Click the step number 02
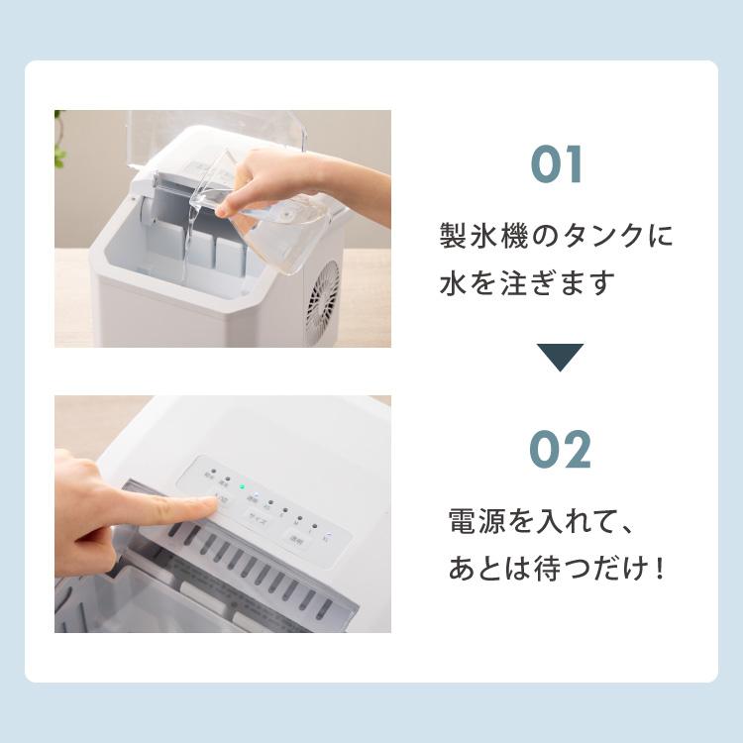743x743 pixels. click(560, 450)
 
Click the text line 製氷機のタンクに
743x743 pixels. click(556, 237)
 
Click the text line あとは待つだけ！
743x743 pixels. click(556, 570)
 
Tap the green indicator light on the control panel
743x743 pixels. click(240, 486)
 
